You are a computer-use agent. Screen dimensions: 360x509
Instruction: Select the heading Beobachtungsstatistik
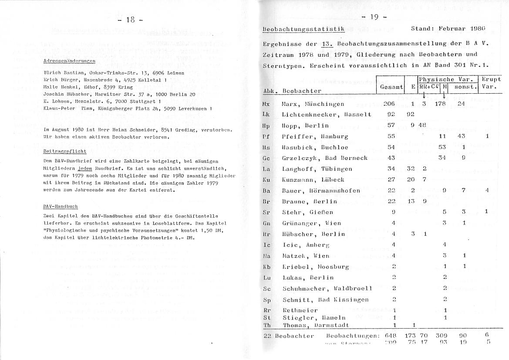click(304, 29)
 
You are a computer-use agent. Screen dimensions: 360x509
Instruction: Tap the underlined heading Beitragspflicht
click(65, 151)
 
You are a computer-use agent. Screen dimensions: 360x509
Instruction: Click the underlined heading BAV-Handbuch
click(61, 207)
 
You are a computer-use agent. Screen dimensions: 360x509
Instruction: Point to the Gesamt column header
click(391, 87)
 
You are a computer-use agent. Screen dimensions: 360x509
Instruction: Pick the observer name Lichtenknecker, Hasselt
click(326, 115)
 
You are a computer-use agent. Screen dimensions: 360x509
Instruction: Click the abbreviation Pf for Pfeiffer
click(267, 136)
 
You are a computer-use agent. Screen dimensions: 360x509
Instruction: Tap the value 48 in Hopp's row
click(422, 126)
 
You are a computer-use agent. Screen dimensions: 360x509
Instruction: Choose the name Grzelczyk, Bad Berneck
click(324, 158)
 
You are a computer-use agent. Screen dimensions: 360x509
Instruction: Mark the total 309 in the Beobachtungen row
click(442, 336)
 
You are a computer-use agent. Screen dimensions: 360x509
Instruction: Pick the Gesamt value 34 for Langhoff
click(391, 169)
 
